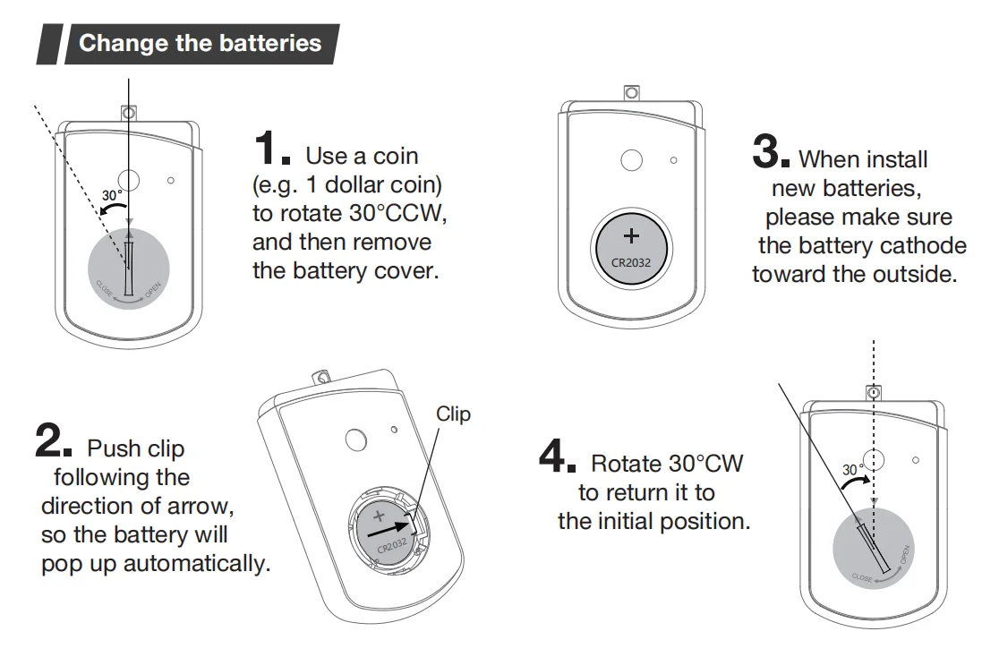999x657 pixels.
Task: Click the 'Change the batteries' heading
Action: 200,44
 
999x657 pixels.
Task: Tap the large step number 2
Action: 51,439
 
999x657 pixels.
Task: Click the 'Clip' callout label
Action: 453,414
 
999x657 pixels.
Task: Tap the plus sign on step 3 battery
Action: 631,236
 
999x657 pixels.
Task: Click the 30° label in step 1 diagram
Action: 112,195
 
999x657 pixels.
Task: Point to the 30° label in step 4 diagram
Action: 853,469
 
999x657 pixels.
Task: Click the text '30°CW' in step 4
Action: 705,464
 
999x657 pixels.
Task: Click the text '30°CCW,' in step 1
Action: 398,214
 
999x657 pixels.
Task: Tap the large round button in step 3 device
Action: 632,160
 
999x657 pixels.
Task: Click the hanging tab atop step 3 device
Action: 631,92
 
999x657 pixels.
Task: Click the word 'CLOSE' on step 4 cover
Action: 861,578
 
